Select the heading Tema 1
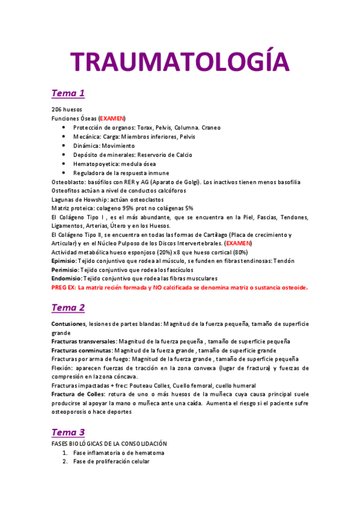(68, 93)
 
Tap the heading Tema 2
(68, 307)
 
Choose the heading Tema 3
(68, 432)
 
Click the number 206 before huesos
(58, 110)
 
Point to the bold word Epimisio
(64, 261)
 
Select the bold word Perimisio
(64, 270)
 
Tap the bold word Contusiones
(69, 324)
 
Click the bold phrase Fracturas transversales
(84, 341)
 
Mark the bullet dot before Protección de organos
(64, 128)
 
